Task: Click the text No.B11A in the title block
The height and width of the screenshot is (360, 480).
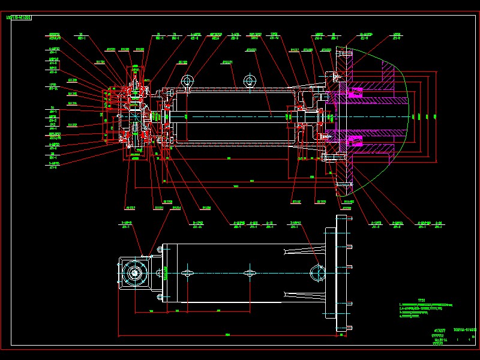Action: pyautogui.click(x=441, y=340)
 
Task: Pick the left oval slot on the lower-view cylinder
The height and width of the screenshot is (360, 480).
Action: pyautogui.click(x=188, y=273)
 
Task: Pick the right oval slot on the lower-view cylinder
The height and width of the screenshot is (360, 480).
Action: pyautogui.click(x=250, y=273)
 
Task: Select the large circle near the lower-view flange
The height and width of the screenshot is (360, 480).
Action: pyautogui.click(x=317, y=272)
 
